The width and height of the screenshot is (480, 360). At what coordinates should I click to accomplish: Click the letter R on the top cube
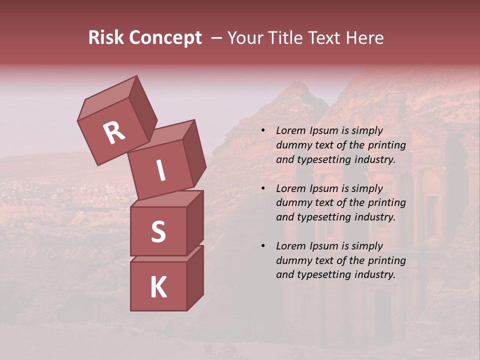[x=114, y=133]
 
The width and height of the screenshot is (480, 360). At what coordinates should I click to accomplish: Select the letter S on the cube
[x=158, y=231]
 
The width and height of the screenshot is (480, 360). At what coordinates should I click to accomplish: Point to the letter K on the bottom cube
[x=158, y=287]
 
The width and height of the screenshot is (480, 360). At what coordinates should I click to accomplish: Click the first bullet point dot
[x=263, y=131]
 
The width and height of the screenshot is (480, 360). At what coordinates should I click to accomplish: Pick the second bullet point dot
[x=263, y=188]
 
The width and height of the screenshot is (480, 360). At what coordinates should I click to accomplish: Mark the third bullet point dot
[x=263, y=246]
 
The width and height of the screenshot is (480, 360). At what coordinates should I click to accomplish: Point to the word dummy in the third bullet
[x=292, y=260]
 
